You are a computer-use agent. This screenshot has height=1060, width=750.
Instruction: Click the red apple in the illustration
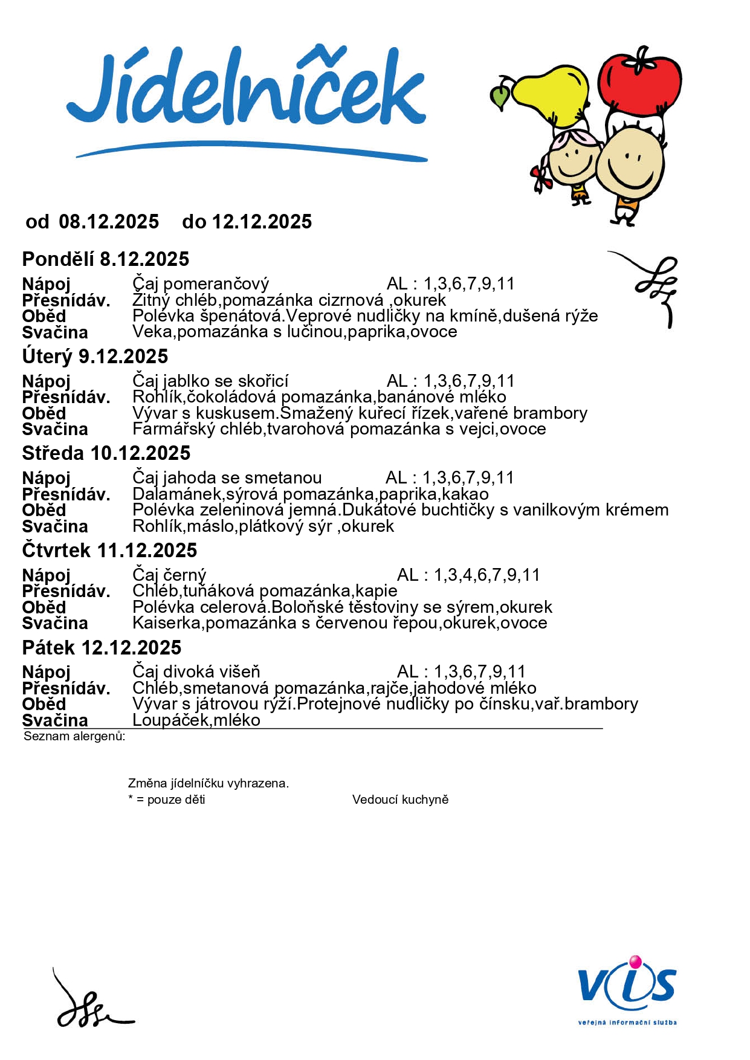point(639,83)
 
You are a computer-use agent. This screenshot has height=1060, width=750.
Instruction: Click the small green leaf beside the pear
point(500,96)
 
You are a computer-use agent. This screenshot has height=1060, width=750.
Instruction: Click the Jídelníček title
point(247,91)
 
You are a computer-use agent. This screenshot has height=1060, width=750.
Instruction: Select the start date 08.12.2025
point(109,222)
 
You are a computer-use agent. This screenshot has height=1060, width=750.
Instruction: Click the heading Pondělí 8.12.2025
point(106,259)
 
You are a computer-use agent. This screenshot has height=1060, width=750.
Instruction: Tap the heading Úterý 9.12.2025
point(95,357)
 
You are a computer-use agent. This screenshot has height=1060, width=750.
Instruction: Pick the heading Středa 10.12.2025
point(106,453)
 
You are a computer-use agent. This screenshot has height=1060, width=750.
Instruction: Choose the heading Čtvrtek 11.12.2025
point(109,551)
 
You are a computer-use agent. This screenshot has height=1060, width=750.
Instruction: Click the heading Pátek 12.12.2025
point(102,648)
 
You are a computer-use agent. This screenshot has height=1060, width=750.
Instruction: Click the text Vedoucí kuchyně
point(400,800)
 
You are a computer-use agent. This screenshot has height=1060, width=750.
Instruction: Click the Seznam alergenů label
point(74,736)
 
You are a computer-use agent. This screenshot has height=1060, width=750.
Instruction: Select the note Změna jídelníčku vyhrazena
point(209,783)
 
